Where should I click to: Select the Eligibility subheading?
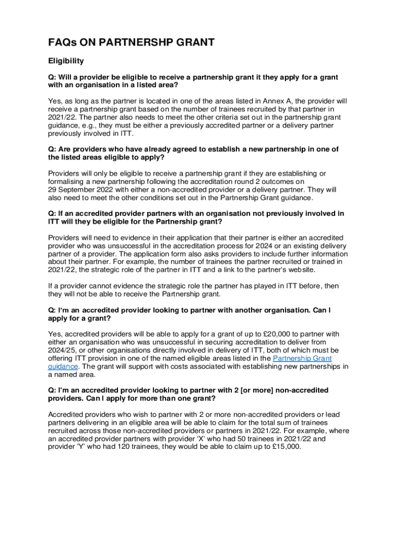tap(66, 61)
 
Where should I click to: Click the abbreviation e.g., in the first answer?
tap(92, 126)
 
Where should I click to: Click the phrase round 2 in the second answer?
tap(237, 182)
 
